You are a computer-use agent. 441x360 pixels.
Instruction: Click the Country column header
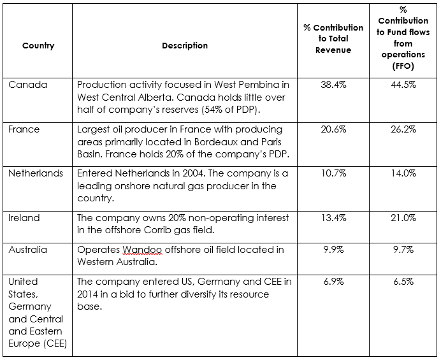(38, 46)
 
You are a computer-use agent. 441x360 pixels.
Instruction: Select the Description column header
(185, 46)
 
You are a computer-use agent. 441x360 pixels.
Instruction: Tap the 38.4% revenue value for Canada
(333, 85)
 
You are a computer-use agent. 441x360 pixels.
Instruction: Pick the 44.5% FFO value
(403, 85)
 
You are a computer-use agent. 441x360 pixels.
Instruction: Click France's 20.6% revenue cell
(333, 129)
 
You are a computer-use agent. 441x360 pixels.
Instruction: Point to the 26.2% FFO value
(403, 129)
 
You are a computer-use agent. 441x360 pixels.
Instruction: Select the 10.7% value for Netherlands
(333, 173)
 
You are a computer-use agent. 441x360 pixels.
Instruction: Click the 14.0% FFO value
(403, 173)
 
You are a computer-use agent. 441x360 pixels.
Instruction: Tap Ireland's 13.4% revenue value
(333, 218)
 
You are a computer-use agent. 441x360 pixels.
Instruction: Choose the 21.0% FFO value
(403, 218)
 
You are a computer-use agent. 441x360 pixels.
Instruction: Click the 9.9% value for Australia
(333, 250)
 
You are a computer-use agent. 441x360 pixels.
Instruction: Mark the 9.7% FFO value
(403, 250)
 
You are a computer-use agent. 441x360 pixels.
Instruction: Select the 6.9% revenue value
(333, 282)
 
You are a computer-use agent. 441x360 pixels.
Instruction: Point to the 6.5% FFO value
(403, 282)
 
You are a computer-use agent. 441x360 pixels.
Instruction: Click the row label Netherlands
(36, 173)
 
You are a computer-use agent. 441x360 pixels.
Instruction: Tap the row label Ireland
(24, 218)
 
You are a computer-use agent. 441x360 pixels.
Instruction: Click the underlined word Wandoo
(142, 250)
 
